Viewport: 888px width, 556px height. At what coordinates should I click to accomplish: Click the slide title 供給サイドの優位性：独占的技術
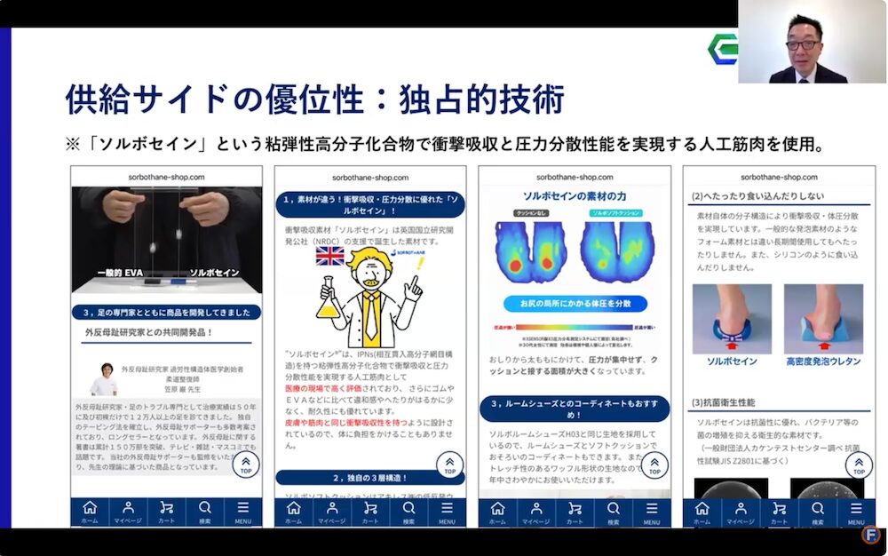click(x=314, y=99)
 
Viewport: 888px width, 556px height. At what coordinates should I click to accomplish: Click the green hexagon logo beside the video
click(x=723, y=48)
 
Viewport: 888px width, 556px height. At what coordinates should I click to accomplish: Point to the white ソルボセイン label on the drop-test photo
click(x=214, y=273)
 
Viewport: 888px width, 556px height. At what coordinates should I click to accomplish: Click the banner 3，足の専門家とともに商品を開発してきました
click(x=167, y=313)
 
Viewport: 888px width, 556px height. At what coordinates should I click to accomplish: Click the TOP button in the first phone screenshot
click(x=246, y=465)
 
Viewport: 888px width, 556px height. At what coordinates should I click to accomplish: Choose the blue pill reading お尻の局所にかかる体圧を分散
click(x=579, y=304)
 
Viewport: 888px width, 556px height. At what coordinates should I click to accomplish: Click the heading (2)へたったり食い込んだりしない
click(x=757, y=196)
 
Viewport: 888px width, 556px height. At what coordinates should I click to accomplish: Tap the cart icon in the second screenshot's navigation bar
click(x=370, y=511)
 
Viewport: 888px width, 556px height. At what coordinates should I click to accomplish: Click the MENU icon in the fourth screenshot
click(x=855, y=511)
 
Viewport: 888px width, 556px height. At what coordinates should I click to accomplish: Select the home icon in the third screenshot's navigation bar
click(x=498, y=511)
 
